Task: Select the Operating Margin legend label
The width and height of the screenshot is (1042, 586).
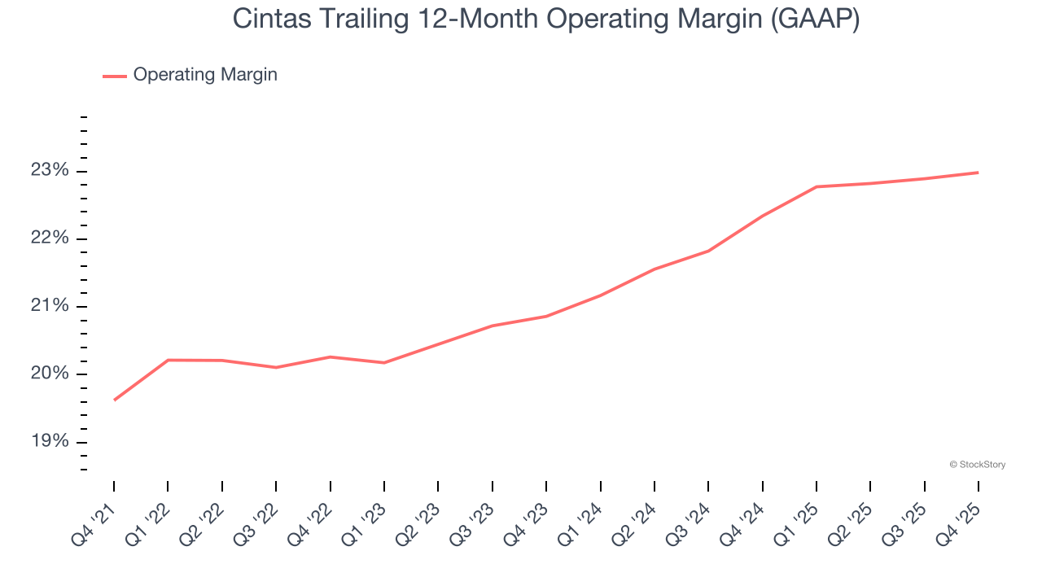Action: [x=205, y=75]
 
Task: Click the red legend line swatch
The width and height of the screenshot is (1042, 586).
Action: [x=115, y=76]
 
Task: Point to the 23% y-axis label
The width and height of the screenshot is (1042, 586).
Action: [x=50, y=171]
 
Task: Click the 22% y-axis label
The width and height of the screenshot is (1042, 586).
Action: [x=50, y=238]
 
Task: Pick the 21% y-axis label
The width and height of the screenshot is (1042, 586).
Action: [x=50, y=306]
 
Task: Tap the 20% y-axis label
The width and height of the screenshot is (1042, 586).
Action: [x=50, y=374]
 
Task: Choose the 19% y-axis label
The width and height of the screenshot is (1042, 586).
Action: [x=50, y=442]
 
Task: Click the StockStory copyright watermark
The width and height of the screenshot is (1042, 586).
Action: [x=977, y=465]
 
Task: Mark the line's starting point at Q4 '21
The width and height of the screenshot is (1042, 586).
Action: [x=114, y=400]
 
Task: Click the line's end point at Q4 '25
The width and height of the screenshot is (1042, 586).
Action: [x=978, y=173]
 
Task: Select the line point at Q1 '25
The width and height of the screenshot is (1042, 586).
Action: [x=816, y=187]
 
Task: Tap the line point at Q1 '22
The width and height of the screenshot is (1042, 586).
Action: [x=168, y=360]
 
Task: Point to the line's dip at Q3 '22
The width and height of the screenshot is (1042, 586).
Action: [x=276, y=367]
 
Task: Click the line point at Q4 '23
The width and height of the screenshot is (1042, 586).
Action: [x=546, y=316]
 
